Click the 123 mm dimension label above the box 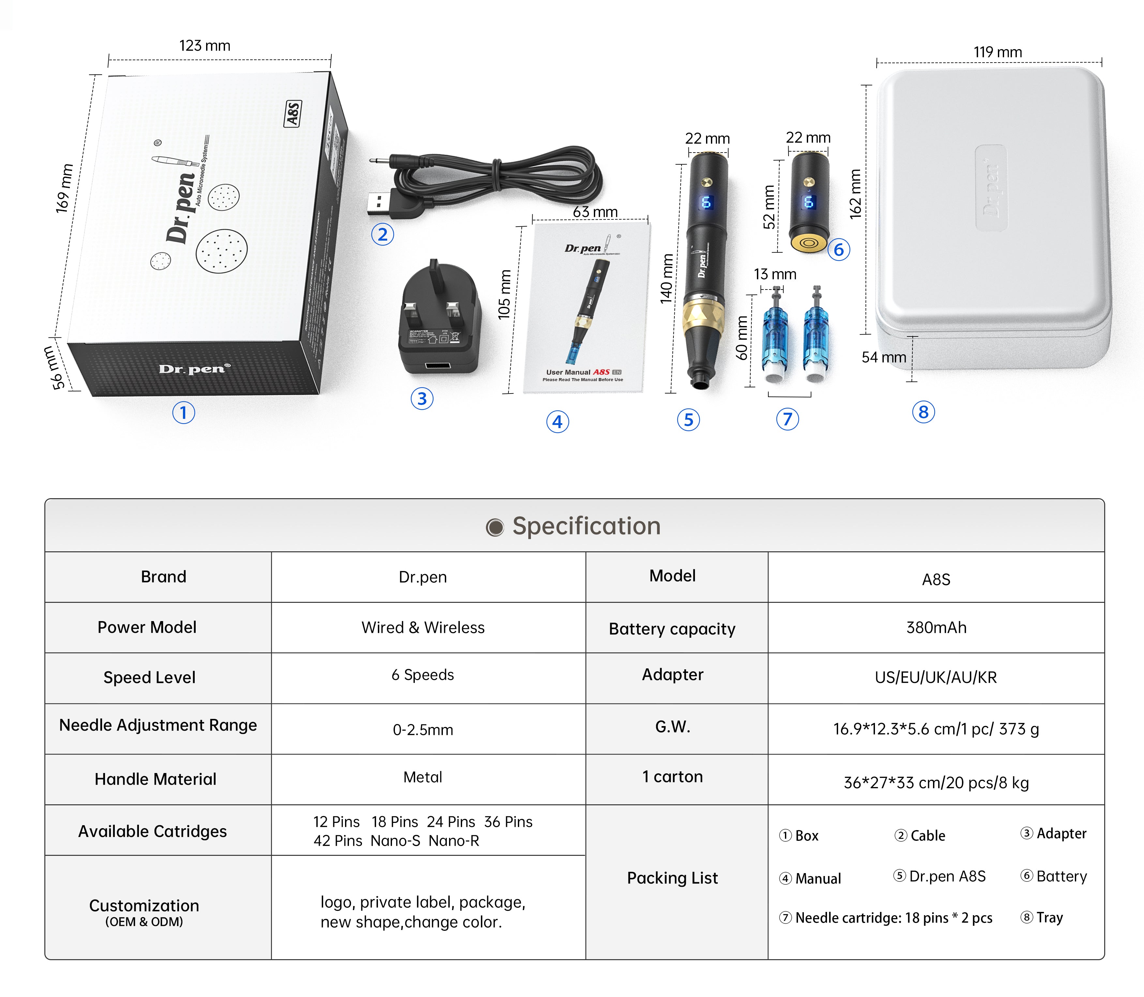pyautogui.click(x=205, y=46)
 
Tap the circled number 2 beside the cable pyautogui.click(x=382, y=234)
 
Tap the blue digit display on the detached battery pyautogui.click(x=808, y=201)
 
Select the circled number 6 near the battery pyautogui.click(x=838, y=250)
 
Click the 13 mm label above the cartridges pyautogui.click(x=775, y=274)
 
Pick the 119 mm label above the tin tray pyautogui.click(x=998, y=52)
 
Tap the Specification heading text pyautogui.click(x=586, y=526)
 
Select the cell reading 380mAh pyautogui.click(x=936, y=628)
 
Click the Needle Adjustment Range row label pyautogui.click(x=158, y=725)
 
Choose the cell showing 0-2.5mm pyautogui.click(x=423, y=729)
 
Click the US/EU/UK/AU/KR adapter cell pyautogui.click(x=936, y=677)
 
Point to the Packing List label pyautogui.click(x=672, y=878)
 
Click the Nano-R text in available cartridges pyautogui.click(x=454, y=841)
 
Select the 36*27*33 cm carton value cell pyautogui.click(x=936, y=783)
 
